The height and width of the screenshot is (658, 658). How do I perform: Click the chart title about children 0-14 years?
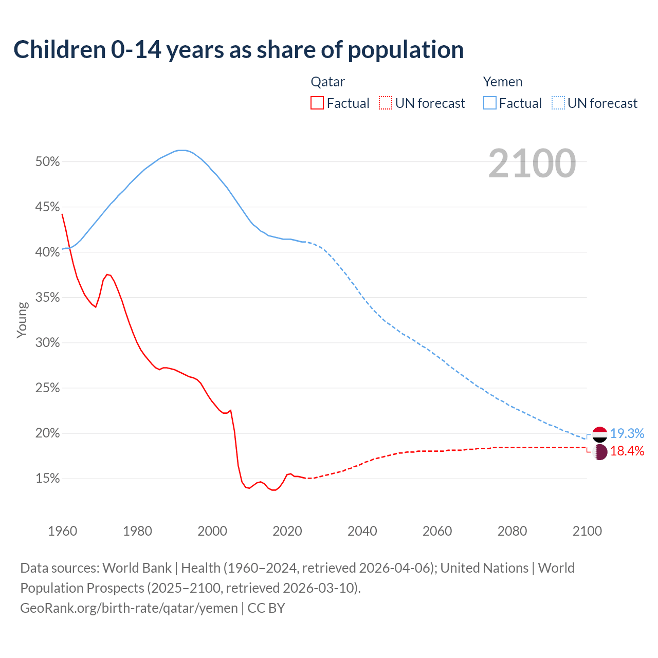pyautogui.click(x=239, y=50)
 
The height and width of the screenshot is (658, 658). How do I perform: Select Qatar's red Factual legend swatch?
pyautogui.click(x=317, y=103)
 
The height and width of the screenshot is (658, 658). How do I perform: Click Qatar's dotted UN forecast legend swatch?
pyautogui.click(x=386, y=103)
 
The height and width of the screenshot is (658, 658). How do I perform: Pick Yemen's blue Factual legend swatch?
pyautogui.click(x=490, y=103)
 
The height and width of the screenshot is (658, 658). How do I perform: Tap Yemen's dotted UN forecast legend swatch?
pyautogui.click(x=558, y=103)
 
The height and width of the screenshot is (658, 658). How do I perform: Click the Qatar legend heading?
pyautogui.click(x=327, y=82)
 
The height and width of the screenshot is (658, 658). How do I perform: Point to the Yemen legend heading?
pyautogui.click(x=502, y=82)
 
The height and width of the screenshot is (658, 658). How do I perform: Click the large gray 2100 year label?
pyautogui.click(x=532, y=163)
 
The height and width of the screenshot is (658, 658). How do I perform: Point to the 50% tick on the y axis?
pyautogui.click(x=47, y=162)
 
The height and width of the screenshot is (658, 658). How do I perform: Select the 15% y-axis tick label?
pyautogui.click(x=47, y=479)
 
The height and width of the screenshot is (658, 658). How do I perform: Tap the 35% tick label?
pyautogui.click(x=47, y=298)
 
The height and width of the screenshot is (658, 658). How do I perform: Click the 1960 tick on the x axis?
pyautogui.click(x=62, y=531)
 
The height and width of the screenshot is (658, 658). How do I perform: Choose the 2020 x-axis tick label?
pyautogui.click(x=287, y=531)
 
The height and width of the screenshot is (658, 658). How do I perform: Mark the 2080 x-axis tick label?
pyautogui.click(x=512, y=531)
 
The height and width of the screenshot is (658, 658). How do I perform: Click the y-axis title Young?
pyautogui.click(x=22, y=320)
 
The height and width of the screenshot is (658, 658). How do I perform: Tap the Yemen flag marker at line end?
pyautogui.click(x=600, y=434)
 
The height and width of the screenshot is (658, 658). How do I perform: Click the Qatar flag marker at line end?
pyautogui.click(x=600, y=452)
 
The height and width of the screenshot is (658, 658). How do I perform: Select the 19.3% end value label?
pyautogui.click(x=627, y=434)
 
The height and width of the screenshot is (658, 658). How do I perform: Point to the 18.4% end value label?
pyautogui.click(x=627, y=451)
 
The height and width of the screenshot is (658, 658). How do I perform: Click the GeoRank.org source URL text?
pyautogui.click(x=129, y=608)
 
